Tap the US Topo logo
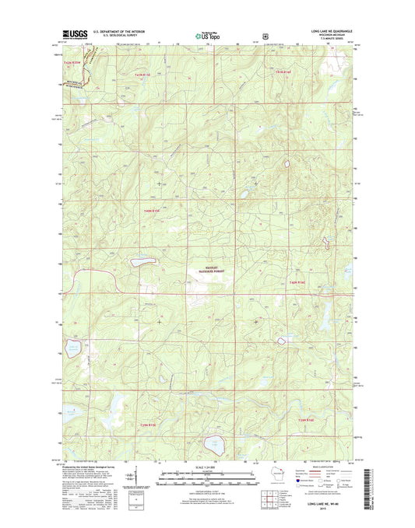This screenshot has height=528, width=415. (206, 35)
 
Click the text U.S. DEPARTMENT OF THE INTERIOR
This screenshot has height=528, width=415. (117, 32)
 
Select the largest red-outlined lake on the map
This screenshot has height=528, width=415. (210, 446)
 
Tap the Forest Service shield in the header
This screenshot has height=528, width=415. (267, 35)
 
